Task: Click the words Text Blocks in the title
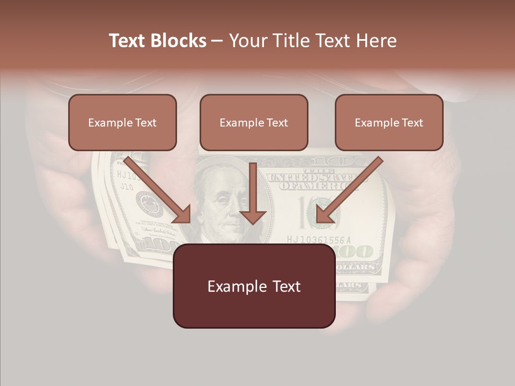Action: tap(158, 41)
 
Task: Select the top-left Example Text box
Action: tap(122, 122)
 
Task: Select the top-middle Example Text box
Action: tap(254, 122)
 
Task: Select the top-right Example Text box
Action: tap(389, 122)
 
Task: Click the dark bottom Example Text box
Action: tap(254, 286)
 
